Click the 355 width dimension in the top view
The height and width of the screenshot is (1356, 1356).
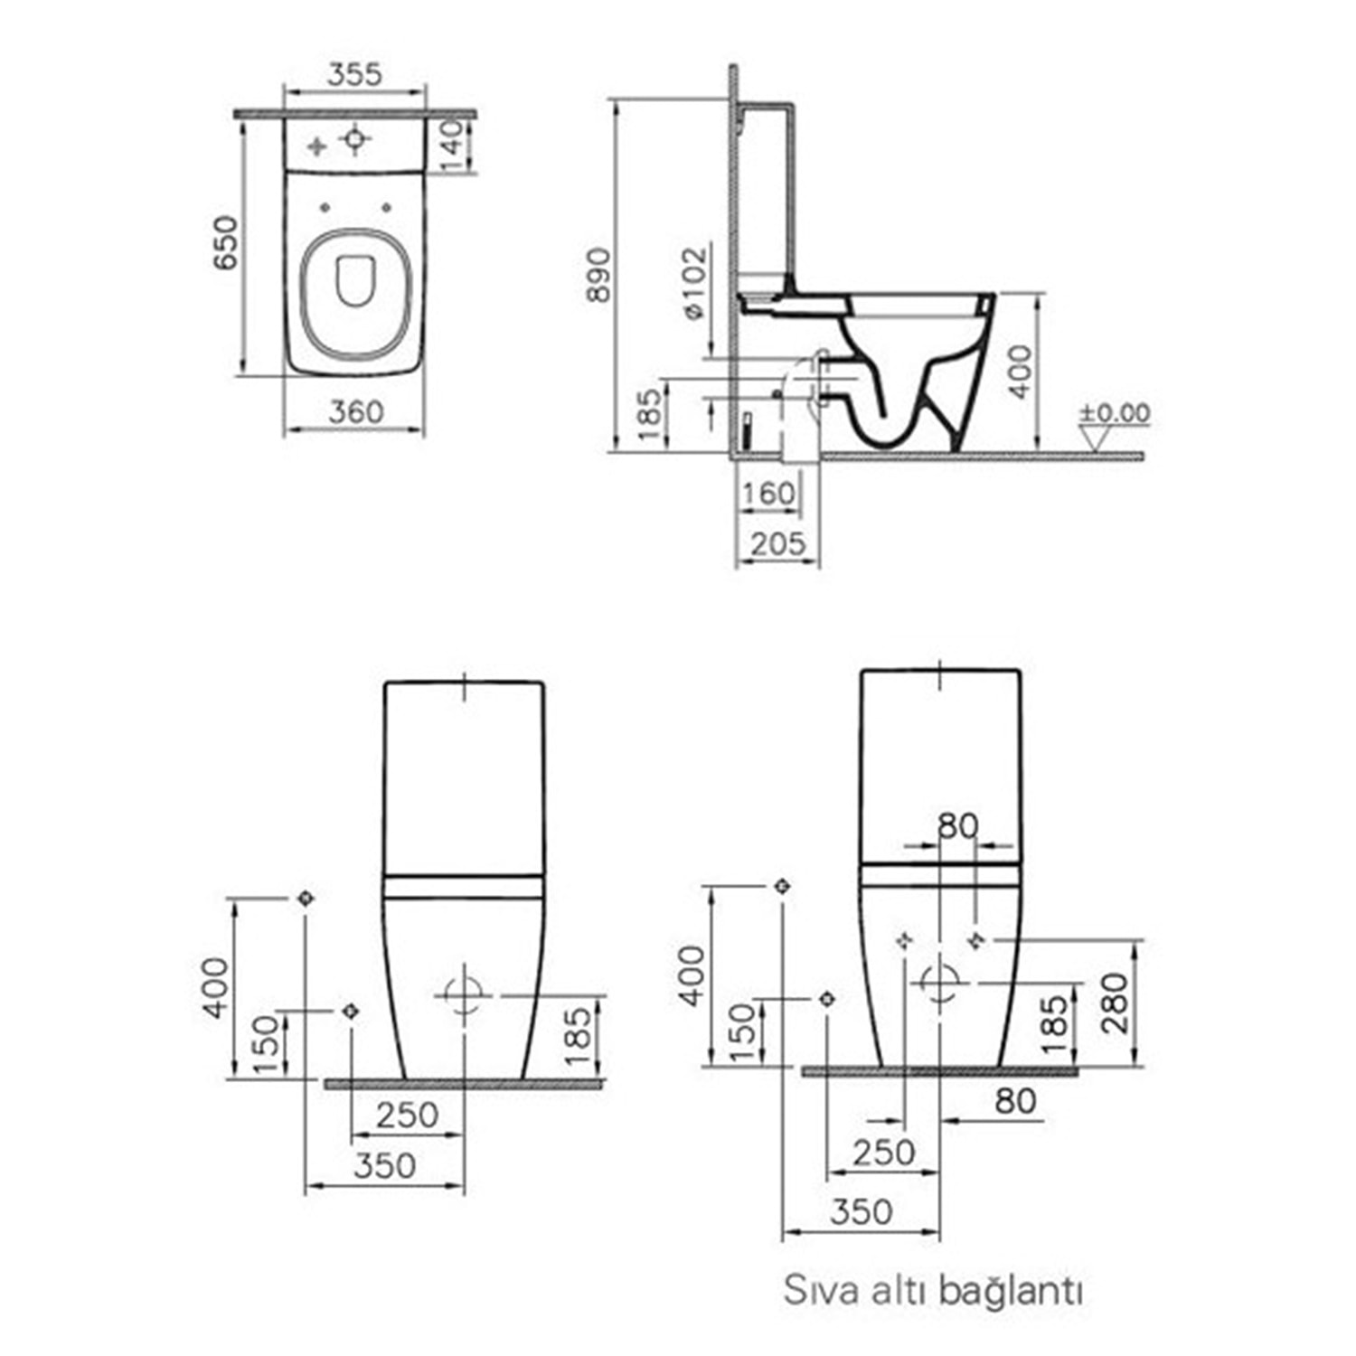tap(354, 74)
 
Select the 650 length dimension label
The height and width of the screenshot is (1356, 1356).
tap(225, 242)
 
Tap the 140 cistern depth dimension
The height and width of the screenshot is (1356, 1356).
tap(452, 145)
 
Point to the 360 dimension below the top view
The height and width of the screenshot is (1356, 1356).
tap(356, 412)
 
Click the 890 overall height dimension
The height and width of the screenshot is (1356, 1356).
tap(598, 275)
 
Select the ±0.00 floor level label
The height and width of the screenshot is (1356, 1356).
tap(1115, 413)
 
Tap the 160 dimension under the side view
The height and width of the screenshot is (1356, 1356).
tap(768, 494)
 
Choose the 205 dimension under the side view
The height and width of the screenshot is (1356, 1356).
tap(777, 543)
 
